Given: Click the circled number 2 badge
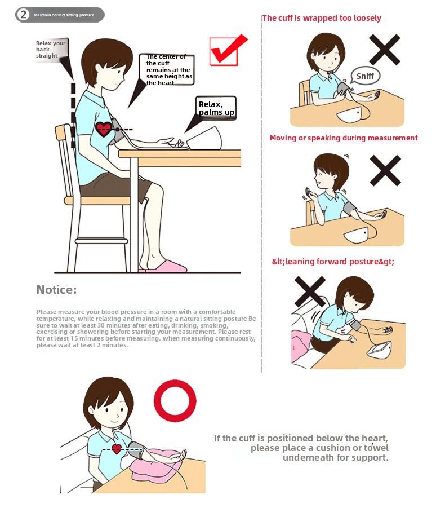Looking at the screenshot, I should click(x=23, y=15).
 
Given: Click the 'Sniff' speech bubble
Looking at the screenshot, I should click(x=365, y=76).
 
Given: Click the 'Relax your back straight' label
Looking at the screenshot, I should click(x=51, y=50).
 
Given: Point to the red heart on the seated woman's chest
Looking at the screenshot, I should click(x=104, y=129).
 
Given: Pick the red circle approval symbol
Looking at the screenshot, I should click(x=175, y=401).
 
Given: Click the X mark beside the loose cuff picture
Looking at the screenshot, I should click(x=385, y=50).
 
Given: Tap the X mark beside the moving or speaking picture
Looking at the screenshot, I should click(x=385, y=170).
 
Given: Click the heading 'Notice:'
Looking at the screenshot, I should click(x=56, y=290).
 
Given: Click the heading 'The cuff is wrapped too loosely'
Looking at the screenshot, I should click(x=322, y=18).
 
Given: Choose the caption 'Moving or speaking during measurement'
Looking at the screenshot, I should click(x=344, y=138).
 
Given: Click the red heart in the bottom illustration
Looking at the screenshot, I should click(x=117, y=449).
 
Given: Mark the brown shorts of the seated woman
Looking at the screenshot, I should click(x=113, y=185).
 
